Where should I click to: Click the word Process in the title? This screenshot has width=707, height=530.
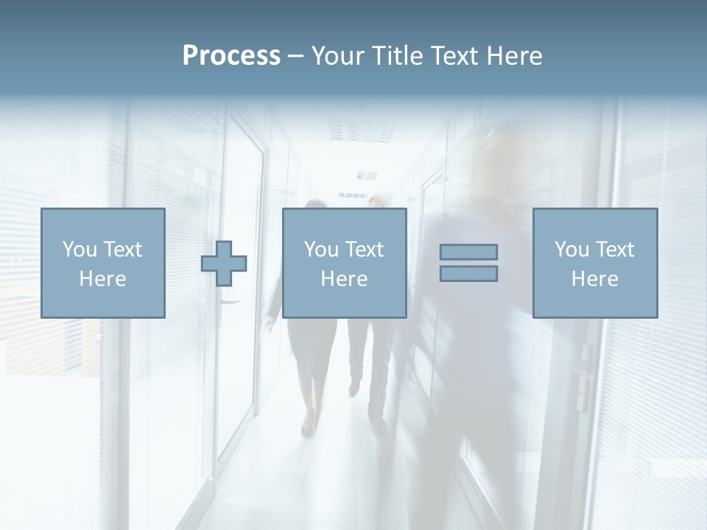231,56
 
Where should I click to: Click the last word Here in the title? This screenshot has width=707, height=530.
513,56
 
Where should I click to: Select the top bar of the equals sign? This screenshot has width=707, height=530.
468,252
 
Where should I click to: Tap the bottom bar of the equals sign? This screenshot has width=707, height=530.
468,274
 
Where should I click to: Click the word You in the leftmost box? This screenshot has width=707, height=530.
79,250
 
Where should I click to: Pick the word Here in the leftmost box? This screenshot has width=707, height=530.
102,279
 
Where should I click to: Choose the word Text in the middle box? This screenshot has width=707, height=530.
364,250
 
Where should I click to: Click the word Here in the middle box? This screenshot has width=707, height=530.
344,279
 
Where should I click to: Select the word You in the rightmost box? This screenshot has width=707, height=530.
571,250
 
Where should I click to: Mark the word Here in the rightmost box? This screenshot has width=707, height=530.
594,279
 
